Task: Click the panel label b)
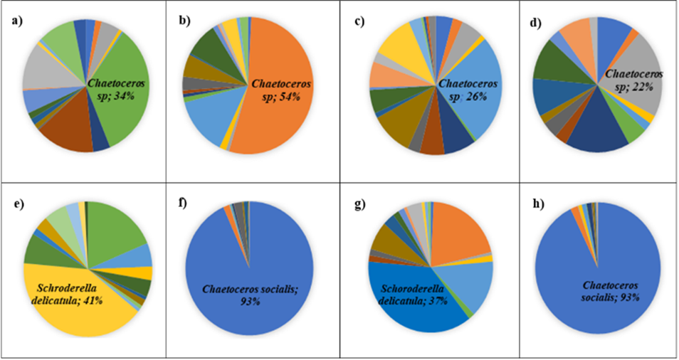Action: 184,21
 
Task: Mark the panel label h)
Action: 532,205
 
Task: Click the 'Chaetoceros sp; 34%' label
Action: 115,89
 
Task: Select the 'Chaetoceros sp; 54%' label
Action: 275,90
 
